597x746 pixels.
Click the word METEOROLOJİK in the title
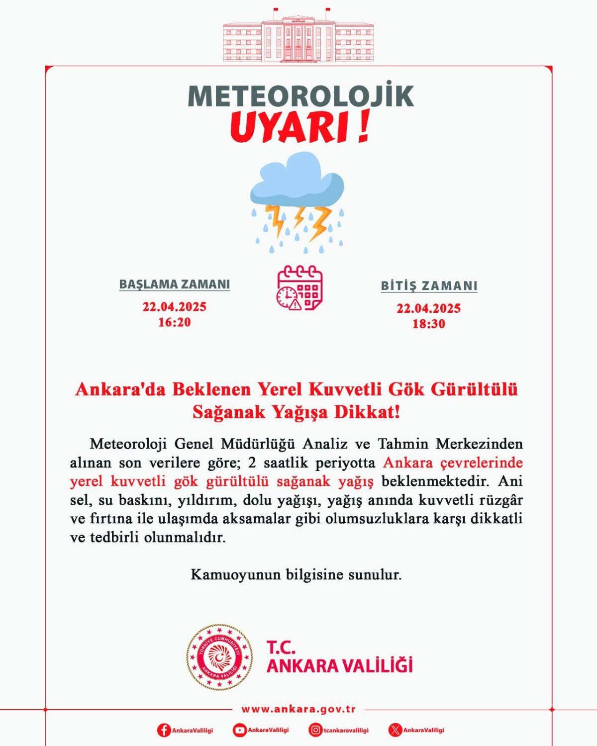click(300, 96)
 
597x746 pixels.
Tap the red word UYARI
click(291, 128)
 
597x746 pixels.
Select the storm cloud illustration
click(298, 201)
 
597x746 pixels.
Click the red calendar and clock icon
click(299, 288)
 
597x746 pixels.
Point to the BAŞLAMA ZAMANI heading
click(175, 284)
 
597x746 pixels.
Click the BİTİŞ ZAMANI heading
click(429, 286)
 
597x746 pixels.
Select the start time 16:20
click(175, 322)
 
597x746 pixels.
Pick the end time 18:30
click(428, 324)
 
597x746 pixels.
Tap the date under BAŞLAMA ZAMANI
click(175, 306)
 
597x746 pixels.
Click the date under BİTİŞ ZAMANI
click(428, 308)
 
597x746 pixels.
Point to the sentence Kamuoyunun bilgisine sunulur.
click(296, 575)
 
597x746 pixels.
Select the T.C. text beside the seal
click(281, 647)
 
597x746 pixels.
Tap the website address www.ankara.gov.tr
click(298, 709)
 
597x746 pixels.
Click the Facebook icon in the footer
click(164, 730)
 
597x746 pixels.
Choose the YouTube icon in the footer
click(239, 730)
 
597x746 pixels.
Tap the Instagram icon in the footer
click(315, 730)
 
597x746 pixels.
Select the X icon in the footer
click(395, 730)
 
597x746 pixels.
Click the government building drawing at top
click(298, 39)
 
